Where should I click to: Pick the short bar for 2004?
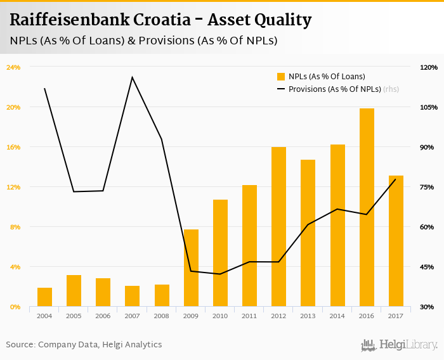pyautogui.click(x=44, y=297)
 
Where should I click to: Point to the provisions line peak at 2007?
pyautogui.click(x=132, y=77)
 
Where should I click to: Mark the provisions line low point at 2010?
pyautogui.click(x=220, y=274)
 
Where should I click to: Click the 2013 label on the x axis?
pyautogui.click(x=308, y=316)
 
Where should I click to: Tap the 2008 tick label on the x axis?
pyautogui.click(x=162, y=316)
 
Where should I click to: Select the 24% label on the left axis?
pyautogui.click(x=13, y=67)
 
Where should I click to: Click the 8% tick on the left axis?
pyautogui.click(x=13, y=227)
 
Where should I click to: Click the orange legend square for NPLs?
pyautogui.click(x=281, y=77)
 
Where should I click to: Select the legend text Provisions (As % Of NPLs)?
pyautogui.click(x=334, y=89)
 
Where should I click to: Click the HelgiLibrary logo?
pyautogui.click(x=399, y=345)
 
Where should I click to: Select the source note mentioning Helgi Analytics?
pyautogui.click(x=84, y=345)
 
